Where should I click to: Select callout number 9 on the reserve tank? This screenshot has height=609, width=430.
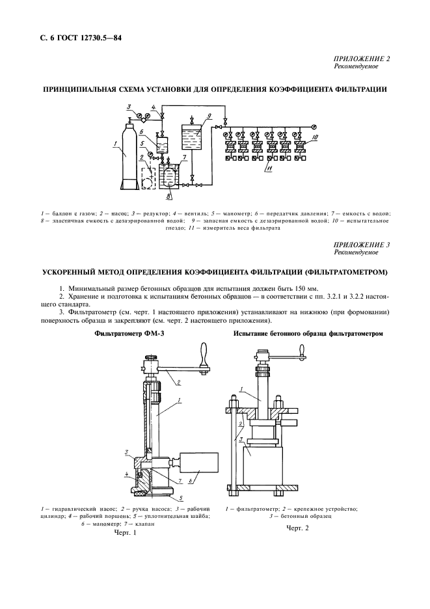tap(210, 115)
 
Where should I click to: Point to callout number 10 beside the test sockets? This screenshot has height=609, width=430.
tap(314, 137)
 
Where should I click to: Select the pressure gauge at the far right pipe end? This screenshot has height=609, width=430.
tap(313, 126)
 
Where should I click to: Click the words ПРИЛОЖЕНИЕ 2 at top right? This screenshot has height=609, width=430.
tap(362, 59)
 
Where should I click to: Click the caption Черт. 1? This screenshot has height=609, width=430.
tap(126, 532)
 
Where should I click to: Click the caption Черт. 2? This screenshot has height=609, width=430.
tap(297, 528)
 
